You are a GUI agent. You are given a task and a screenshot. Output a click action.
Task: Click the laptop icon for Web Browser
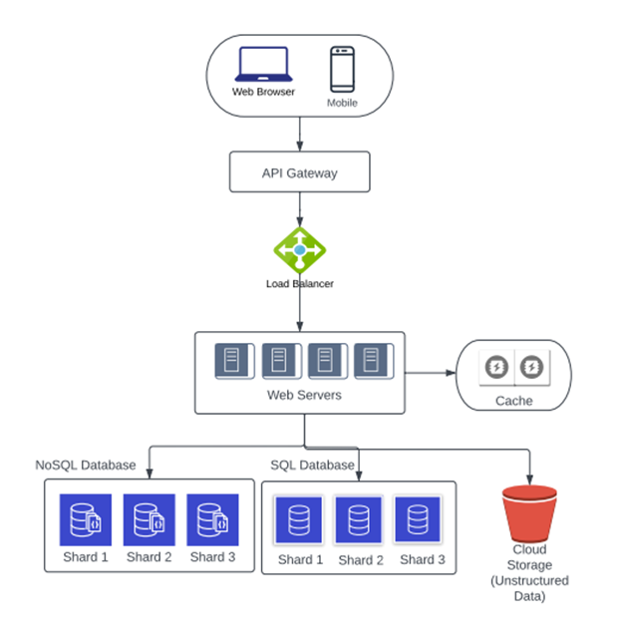point(262,65)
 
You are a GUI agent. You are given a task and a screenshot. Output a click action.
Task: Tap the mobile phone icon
point(342,70)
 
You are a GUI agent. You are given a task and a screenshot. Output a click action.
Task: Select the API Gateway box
point(299,172)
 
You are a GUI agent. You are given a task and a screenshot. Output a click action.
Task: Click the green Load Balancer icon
point(299,248)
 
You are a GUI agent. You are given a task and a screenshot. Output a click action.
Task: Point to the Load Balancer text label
point(299,284)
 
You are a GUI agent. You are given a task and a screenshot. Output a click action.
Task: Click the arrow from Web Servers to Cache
point(430,374)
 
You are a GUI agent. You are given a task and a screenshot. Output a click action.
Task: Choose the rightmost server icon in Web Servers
point(372,361)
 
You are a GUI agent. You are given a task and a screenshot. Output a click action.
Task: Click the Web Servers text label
point(304,396)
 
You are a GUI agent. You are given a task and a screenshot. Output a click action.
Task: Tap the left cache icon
point(495,368)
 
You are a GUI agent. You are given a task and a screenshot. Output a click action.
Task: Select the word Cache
point(513,401)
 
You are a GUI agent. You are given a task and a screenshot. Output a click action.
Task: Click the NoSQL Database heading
point(86,465)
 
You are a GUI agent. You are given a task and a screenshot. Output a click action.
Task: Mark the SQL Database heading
point(312,465)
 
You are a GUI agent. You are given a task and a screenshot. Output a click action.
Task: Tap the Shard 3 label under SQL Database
point(423,559)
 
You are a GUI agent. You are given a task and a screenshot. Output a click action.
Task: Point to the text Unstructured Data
point(529,588)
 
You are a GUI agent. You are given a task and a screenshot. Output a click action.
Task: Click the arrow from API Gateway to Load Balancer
point(299,209)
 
